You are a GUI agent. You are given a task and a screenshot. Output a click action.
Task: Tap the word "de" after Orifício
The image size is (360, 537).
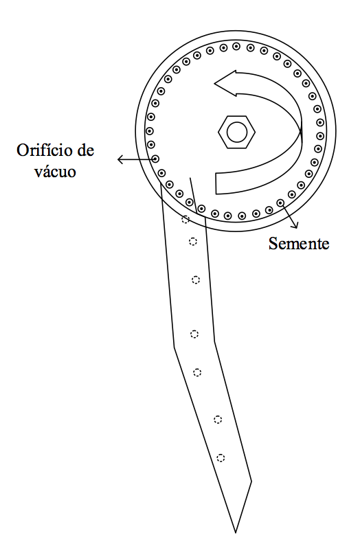coord(85,150)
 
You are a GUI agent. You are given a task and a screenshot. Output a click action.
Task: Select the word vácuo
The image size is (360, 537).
coord(54,171)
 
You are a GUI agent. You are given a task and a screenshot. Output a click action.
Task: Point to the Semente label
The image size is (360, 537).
coord(298,244)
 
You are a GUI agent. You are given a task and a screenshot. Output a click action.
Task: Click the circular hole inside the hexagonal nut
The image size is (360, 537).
coord(237,133)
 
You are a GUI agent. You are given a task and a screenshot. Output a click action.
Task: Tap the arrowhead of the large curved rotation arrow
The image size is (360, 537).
coord(226,83)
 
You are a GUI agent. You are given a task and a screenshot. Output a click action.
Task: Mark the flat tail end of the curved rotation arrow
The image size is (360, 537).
coord(216,184)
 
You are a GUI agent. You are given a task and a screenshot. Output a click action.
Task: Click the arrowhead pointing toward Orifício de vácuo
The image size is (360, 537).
coord(120,159)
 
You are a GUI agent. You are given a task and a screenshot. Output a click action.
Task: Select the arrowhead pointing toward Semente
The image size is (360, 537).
coord(295,225)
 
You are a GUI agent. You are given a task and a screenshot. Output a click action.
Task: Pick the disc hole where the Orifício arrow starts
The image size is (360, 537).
coord(155,159)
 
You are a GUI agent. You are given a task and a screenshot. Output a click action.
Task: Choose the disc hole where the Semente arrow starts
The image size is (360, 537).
coord(280,203)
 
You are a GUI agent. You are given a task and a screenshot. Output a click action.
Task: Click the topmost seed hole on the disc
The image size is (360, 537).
coord(236,46)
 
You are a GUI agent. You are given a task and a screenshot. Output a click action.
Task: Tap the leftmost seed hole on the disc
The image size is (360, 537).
coord(149,131)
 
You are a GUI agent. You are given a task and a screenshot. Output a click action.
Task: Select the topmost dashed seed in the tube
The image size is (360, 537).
coord(185,219)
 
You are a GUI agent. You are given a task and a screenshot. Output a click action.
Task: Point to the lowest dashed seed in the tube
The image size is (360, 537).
coord(221,457)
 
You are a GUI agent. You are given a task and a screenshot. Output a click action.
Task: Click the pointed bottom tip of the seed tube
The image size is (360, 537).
coord(236,532)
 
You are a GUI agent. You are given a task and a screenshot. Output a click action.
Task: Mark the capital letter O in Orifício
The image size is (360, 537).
coord(23,150)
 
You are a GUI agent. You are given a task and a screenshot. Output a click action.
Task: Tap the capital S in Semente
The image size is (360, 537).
coord(273,244)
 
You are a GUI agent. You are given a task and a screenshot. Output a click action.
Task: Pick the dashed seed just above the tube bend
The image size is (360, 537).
coord(194,334)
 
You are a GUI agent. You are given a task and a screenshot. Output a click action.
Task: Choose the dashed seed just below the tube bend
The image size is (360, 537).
coord(197,372)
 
